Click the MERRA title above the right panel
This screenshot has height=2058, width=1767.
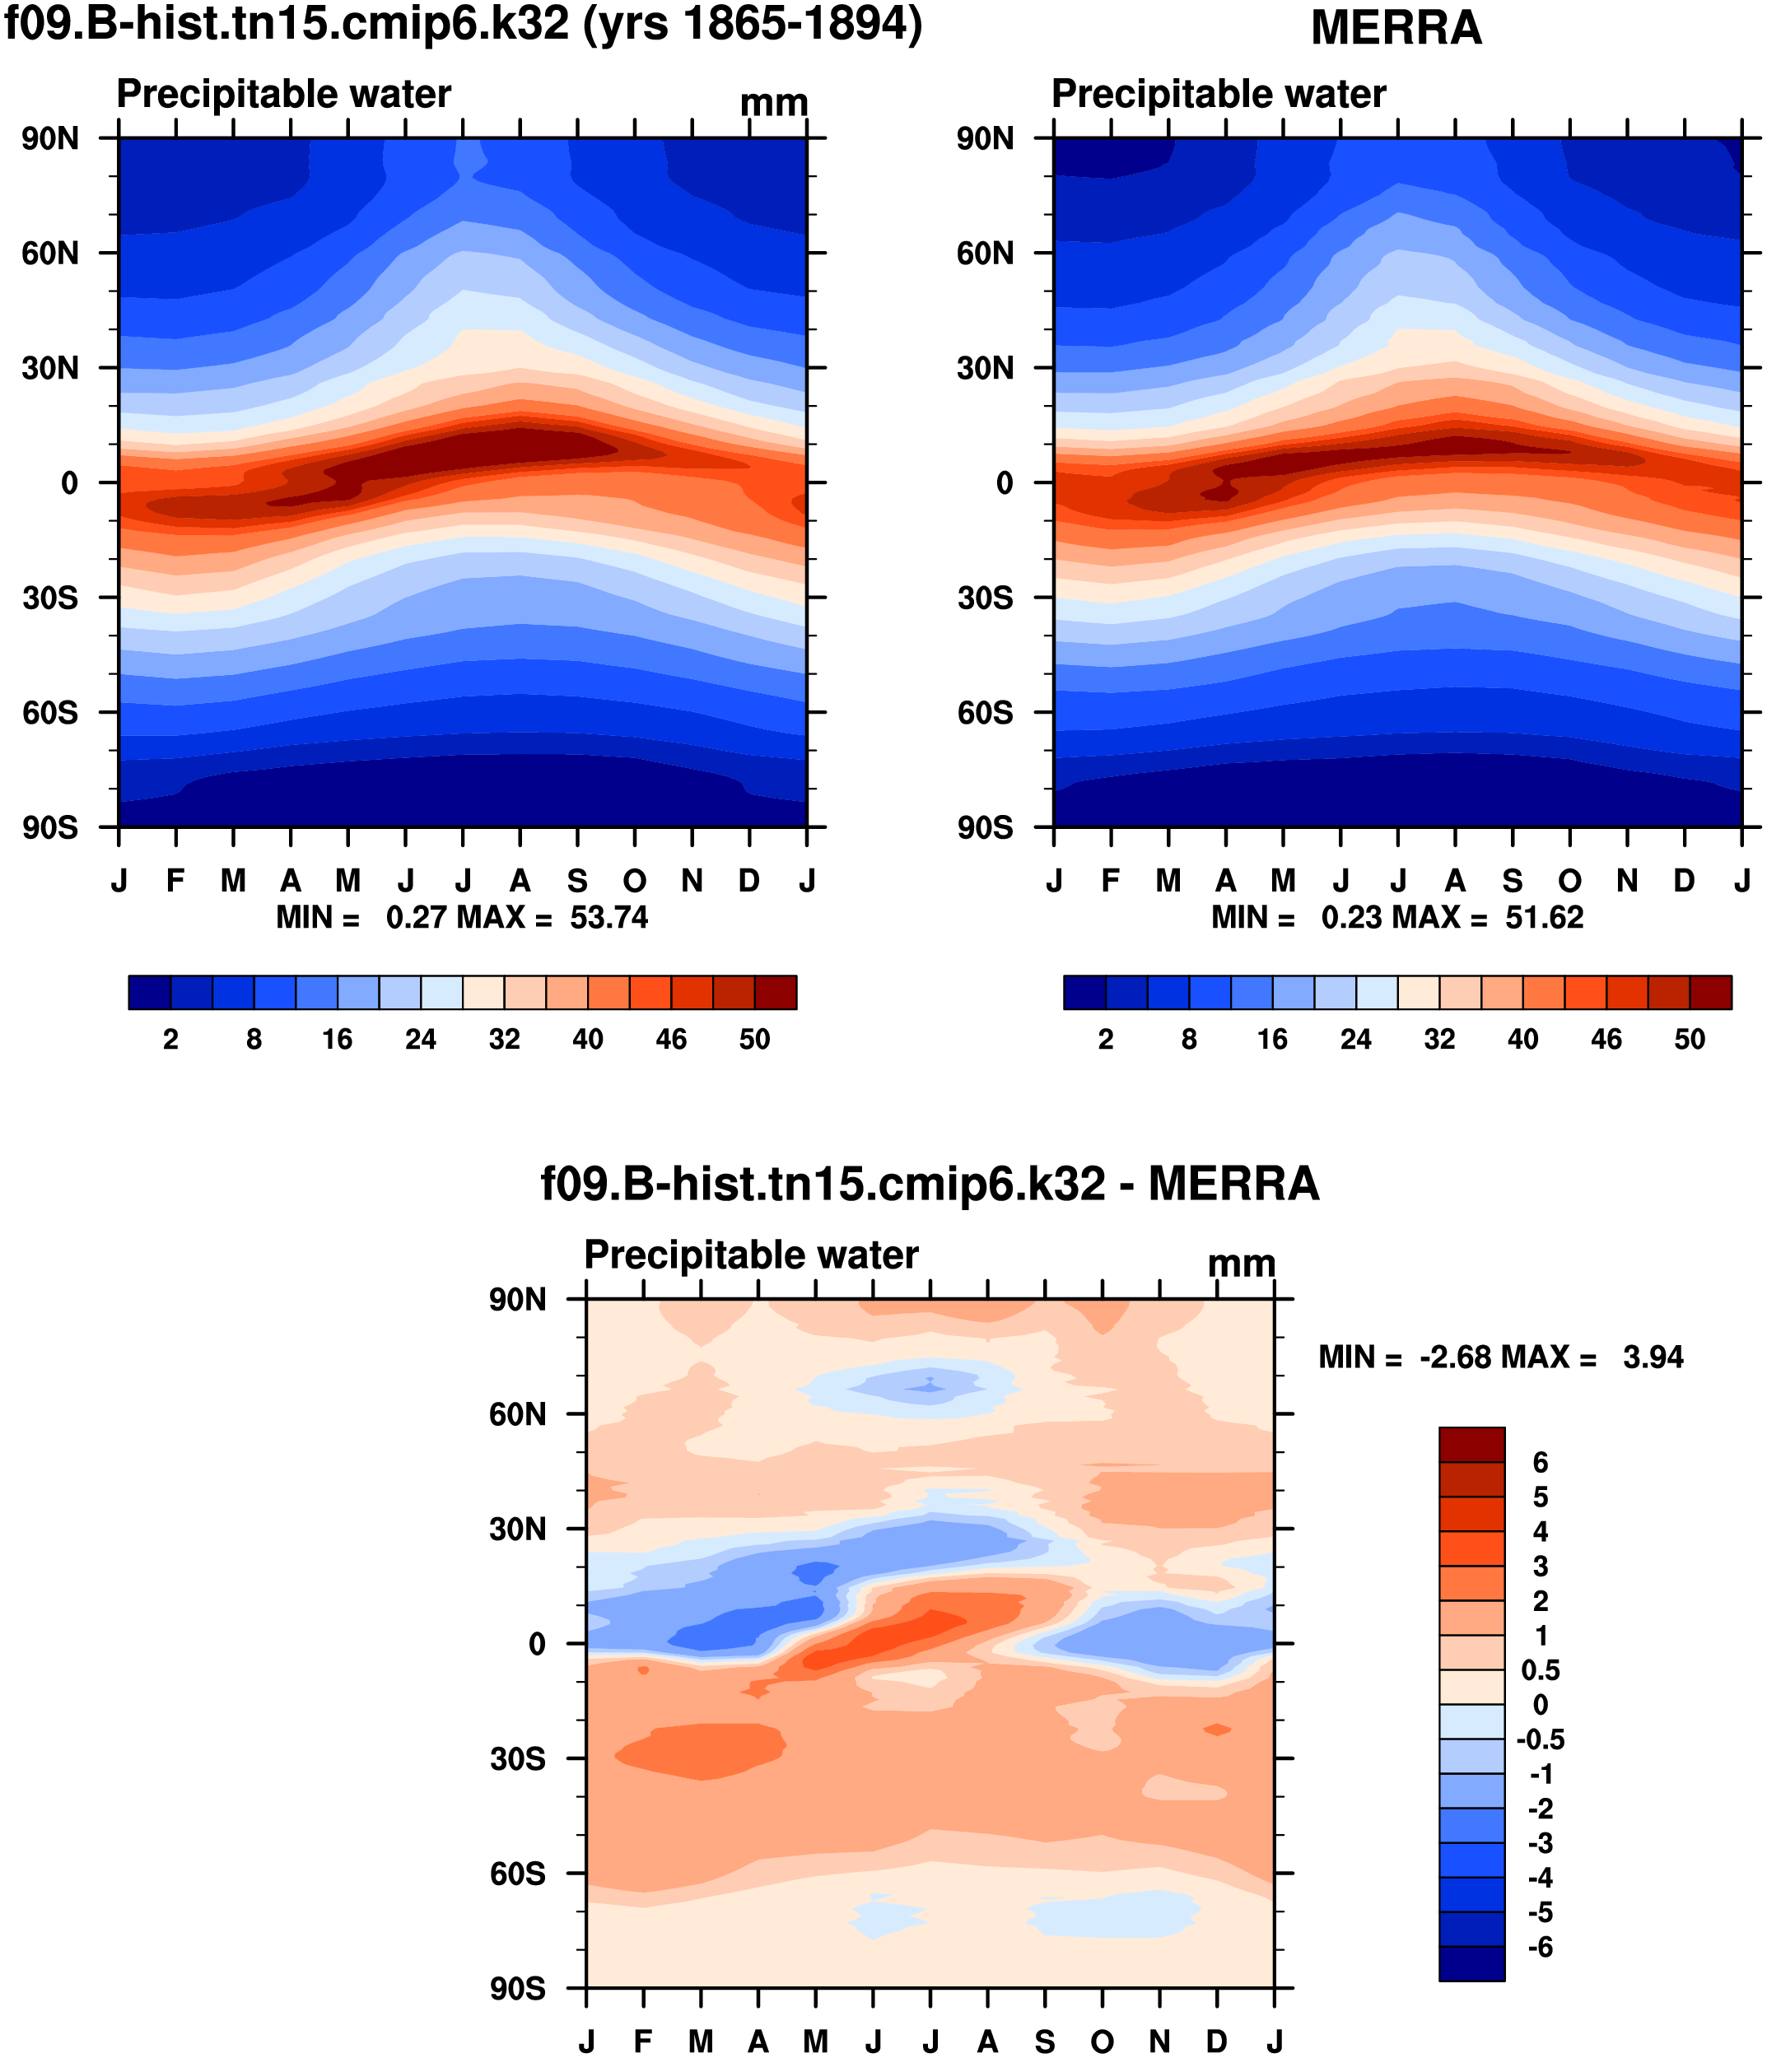coord(1396,28)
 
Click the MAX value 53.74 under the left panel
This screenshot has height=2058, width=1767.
coord(608,918)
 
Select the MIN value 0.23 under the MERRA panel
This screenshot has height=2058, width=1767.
coord(1352,918)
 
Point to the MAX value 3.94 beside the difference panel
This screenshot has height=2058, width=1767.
coord(1653,1357)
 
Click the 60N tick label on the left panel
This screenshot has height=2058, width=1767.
coord(49,254)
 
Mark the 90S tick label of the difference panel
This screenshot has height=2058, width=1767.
coord(516,1989)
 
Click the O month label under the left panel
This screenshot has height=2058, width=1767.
coord(634,881)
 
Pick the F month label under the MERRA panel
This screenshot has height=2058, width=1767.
coord(1111,881)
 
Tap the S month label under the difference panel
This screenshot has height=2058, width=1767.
coord(1045,2042)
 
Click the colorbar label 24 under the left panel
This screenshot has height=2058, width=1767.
coord(420,1040)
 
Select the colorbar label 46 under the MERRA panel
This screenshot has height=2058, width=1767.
coord(1606,1040)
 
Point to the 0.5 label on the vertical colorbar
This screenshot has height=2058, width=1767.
coord(1541,1670)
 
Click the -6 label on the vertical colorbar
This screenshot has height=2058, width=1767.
coord(1540,1947)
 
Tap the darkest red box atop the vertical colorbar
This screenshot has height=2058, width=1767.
coord(1471,1446)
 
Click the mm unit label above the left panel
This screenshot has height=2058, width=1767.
coord(774,103)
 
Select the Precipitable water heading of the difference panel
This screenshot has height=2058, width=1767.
coord(751,1255)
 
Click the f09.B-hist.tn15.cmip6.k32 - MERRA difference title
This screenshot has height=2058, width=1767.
coord(930,1185)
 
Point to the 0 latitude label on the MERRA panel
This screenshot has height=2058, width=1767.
coord(1005,484)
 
